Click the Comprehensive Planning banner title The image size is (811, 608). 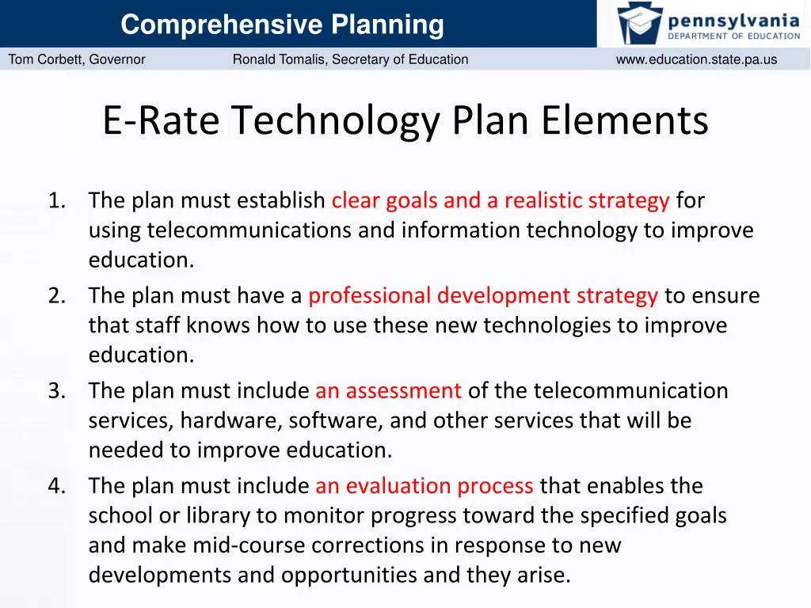[x=282, y=25]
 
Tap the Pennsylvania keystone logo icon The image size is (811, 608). [x=640, y=23]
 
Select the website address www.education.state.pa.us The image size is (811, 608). [x=696, y=59]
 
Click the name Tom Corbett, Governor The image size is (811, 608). [x=77, y=59]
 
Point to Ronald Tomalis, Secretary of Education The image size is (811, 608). [x=350, y=59]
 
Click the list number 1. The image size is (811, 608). [x=55, y=201]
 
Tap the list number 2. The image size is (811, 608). [x=55, y=296]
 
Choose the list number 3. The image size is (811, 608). [x=55, y=391]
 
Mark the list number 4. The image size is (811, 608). [x=55, y=486]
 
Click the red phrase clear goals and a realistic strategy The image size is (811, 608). [x=501, y=201]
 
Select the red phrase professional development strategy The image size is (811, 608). [x=483, y=296]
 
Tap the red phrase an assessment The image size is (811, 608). [x=388, y=391]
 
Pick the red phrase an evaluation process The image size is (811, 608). [x=424, y=486]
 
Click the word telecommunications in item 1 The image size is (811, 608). [x=249, y=231]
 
